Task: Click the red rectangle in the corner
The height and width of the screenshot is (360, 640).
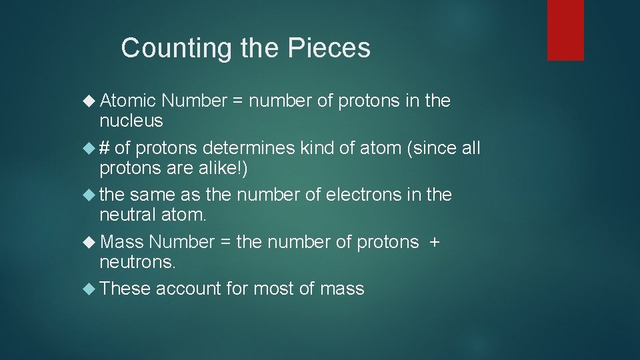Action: click(565, 30)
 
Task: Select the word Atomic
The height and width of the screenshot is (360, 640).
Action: click(127, 101)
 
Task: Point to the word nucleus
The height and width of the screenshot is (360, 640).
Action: click(131, 121)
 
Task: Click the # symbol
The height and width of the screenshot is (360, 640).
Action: click(105, 148)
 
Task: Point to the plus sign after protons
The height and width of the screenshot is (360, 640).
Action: click(435, 242)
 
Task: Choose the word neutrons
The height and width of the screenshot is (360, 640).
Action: click(137, 262)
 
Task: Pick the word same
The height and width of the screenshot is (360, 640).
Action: click(151, 195)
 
